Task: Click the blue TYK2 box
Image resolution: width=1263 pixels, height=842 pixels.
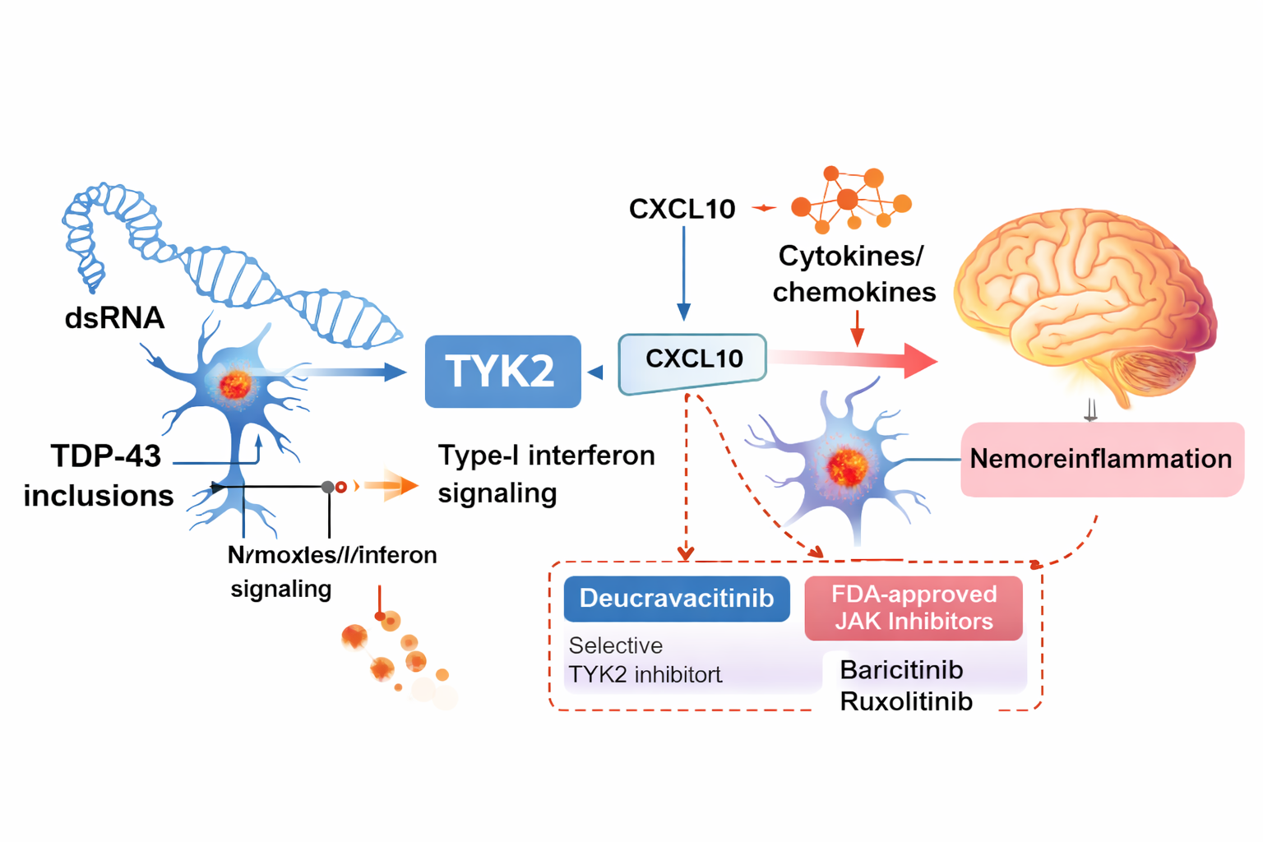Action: click(x=502, y=371)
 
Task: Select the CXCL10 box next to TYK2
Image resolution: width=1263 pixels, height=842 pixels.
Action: click(x=692, y=360)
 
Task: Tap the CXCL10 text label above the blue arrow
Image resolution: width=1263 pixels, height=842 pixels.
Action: click(x=682, y=209)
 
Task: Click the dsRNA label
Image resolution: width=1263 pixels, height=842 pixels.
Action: click(x=114, y=317)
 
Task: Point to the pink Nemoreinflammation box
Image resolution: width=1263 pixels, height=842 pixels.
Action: click(x=1101, y=459)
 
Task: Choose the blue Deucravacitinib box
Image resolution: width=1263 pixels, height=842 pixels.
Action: click(x=676, y=599)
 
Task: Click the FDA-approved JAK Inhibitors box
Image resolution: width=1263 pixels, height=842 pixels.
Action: click(x=914, y=608)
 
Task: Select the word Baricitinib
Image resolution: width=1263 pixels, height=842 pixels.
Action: click(x=901, y=669)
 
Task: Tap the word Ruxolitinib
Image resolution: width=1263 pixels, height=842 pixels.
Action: click(x=906, y=701)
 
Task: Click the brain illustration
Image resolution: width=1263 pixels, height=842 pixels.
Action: click(x=1085, y=304)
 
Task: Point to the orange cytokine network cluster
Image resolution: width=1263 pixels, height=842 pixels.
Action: click(x=850, y=200)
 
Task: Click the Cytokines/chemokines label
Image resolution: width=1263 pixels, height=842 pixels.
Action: click(x=854, y=274)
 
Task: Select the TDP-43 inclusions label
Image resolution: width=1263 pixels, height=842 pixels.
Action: click(x=99, y=475)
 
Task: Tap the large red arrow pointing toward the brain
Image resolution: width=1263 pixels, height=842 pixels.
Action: click(x=855, y=359)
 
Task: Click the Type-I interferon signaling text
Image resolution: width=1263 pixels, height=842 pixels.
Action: click(x=545, y=474)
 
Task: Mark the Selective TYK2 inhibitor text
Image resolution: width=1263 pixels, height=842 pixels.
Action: click(x=644, y=660)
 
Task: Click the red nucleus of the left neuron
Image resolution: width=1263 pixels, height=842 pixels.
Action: click(x=235, y=384)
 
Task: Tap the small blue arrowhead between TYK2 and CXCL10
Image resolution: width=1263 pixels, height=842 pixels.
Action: click(x=595, y=372)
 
